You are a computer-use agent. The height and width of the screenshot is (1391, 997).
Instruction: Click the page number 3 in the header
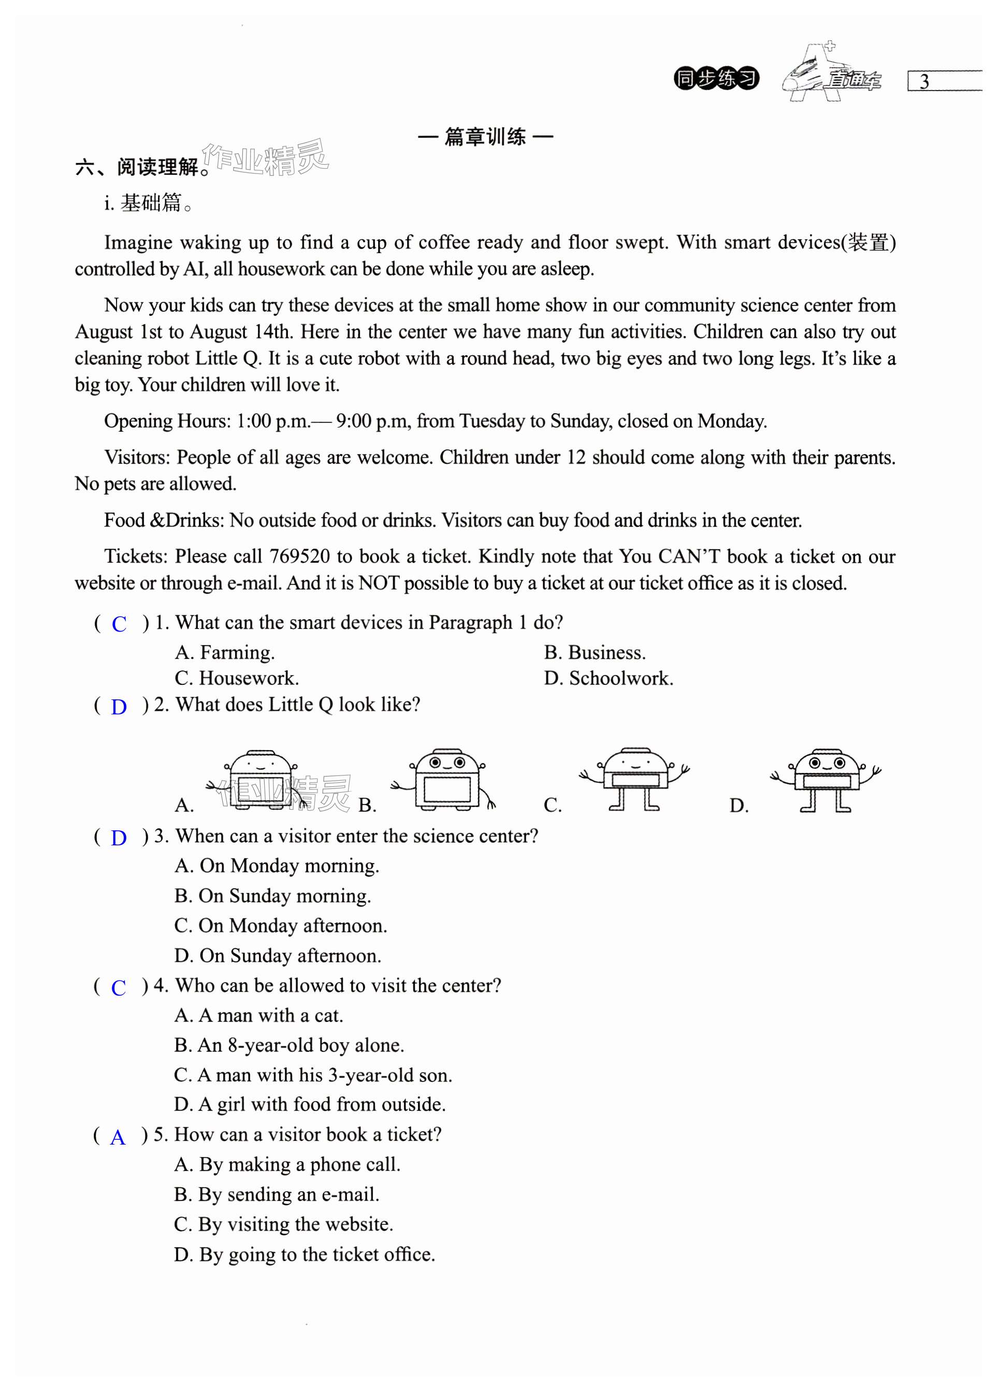click(x=924, y=82)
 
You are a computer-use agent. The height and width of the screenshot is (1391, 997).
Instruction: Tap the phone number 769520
click(x=300, y=557)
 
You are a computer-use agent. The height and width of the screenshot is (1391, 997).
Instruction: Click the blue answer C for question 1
click(x=119, y=624)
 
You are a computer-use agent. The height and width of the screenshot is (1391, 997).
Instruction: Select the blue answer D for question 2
click(x=119, y=707)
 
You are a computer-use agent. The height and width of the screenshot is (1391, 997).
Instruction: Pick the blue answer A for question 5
click(x=117, y=1137)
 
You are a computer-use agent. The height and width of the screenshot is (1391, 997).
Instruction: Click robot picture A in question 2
click(x=260, y=780)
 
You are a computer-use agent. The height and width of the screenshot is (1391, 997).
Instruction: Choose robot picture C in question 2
click(x=634, y=779)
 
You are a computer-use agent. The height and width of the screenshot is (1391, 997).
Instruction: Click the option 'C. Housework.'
click(x=237, y=678)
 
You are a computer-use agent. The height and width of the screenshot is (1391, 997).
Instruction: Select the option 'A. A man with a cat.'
click(x=258, y=1015)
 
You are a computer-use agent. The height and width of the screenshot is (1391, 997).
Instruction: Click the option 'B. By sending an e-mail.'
click(x=277, y=1194)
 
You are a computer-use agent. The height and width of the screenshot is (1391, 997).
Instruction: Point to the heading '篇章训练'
click(x=485, y=137)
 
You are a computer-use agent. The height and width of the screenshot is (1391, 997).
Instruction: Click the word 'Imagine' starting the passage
click(x=138, y=242)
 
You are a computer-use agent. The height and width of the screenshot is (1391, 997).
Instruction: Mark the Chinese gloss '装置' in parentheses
click(x=868, y=242)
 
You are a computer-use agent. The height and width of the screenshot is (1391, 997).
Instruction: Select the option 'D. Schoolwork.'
click(x=609, y=678)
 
